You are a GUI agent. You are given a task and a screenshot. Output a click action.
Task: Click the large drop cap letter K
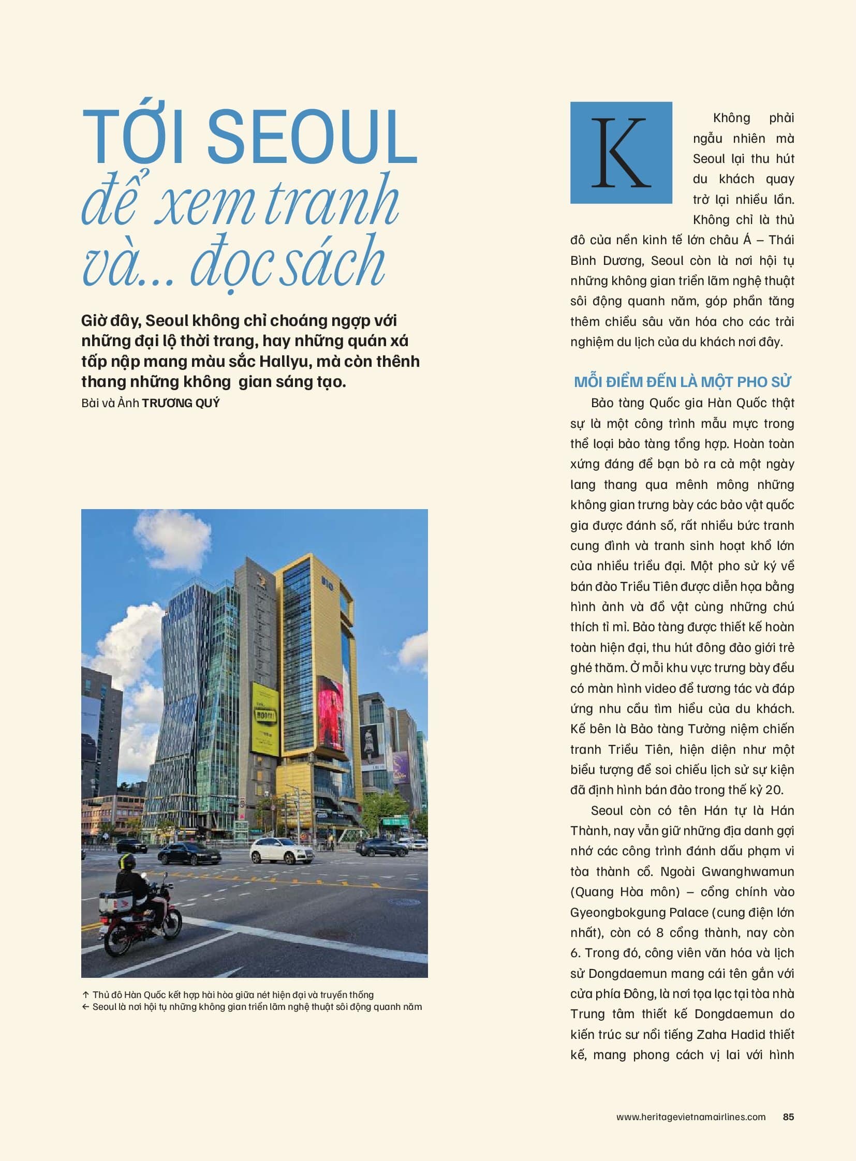[x=621, y=152]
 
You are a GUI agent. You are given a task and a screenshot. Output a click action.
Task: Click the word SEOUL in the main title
[x=312, y=137]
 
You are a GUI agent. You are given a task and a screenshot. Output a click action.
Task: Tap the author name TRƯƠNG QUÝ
[x=181, y=403]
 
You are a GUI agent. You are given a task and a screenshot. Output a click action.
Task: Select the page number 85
[x=788, y=1117]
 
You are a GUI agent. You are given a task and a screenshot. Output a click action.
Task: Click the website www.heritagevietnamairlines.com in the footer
[x=691, y=1117]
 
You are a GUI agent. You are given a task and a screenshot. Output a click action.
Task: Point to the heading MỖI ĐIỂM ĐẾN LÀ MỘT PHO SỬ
[x=683, y=382]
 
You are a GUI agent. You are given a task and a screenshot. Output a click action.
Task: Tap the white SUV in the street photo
[x=282, y=851]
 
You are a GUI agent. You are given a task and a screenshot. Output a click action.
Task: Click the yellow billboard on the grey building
[x=265, y=718]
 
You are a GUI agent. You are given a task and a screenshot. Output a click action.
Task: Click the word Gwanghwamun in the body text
[x=748, y=872]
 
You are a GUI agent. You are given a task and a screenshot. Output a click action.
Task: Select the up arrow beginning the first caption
[x=85, y=995]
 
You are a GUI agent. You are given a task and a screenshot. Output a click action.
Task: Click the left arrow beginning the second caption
[x=85, y=1007]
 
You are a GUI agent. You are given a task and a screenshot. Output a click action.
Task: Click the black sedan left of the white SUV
[x=182, y=853]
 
